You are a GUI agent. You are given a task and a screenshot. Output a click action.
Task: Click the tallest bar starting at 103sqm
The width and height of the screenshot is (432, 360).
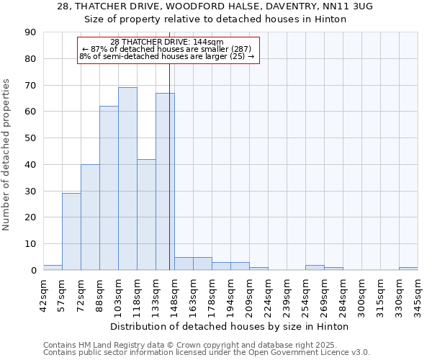click(127, 179)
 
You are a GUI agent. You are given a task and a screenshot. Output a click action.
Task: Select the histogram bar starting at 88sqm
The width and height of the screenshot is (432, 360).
click(109, 188)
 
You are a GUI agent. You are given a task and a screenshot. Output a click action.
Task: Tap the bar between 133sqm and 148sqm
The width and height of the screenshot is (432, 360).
click(165, 181)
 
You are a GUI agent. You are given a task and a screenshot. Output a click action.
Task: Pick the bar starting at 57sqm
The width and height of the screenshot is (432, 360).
click(71, 232)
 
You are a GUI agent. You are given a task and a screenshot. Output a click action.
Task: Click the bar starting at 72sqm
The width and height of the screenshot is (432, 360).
click(90, 217)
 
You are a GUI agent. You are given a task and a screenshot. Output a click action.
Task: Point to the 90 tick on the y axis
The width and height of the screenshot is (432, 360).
click(30, 32)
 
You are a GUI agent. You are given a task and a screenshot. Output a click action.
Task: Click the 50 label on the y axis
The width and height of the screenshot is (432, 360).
click(30, 138)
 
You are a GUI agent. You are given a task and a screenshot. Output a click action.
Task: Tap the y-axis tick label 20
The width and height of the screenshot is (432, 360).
click(30, 217)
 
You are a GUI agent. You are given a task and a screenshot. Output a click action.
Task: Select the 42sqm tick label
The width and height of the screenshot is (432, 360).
click(43, 292)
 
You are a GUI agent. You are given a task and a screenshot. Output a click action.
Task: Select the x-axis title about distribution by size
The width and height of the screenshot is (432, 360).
click(230, 326)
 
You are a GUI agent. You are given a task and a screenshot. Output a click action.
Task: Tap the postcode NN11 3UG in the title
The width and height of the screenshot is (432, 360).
click(346, 6)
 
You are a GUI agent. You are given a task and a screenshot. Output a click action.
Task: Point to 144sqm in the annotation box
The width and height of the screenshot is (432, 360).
click(209, 42)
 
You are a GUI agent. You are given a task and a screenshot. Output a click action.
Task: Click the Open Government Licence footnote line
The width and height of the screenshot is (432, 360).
click(207, 352)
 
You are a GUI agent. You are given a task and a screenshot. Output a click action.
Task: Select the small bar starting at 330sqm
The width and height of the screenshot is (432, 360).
click(408, 269)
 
